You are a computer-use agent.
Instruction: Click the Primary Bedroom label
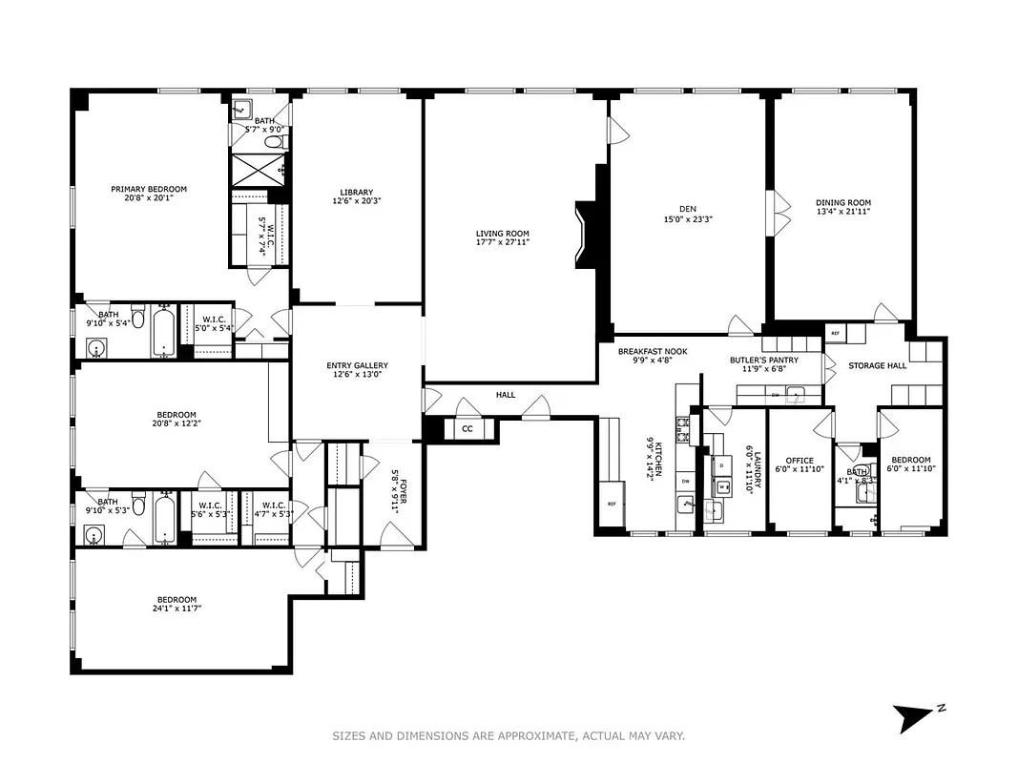click(x=148, y=189)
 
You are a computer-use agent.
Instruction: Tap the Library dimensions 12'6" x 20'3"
click(x=356, y=201)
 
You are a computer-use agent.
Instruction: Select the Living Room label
click(x=503, y=234)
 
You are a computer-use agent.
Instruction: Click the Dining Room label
click(x=842, y=202)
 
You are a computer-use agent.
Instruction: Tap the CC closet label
click(x=467, y=429)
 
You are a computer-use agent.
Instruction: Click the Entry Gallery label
click(x=357, y=365)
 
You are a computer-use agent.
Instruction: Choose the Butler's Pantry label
click(x=764, y=361)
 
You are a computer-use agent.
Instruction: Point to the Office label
click(x=799, y=461)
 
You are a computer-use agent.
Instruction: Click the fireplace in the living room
click(x=585, y=234)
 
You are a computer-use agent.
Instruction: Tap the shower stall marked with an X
click(x=253, y=170)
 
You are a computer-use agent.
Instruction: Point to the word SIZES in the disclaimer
click(x=350, y=736)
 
